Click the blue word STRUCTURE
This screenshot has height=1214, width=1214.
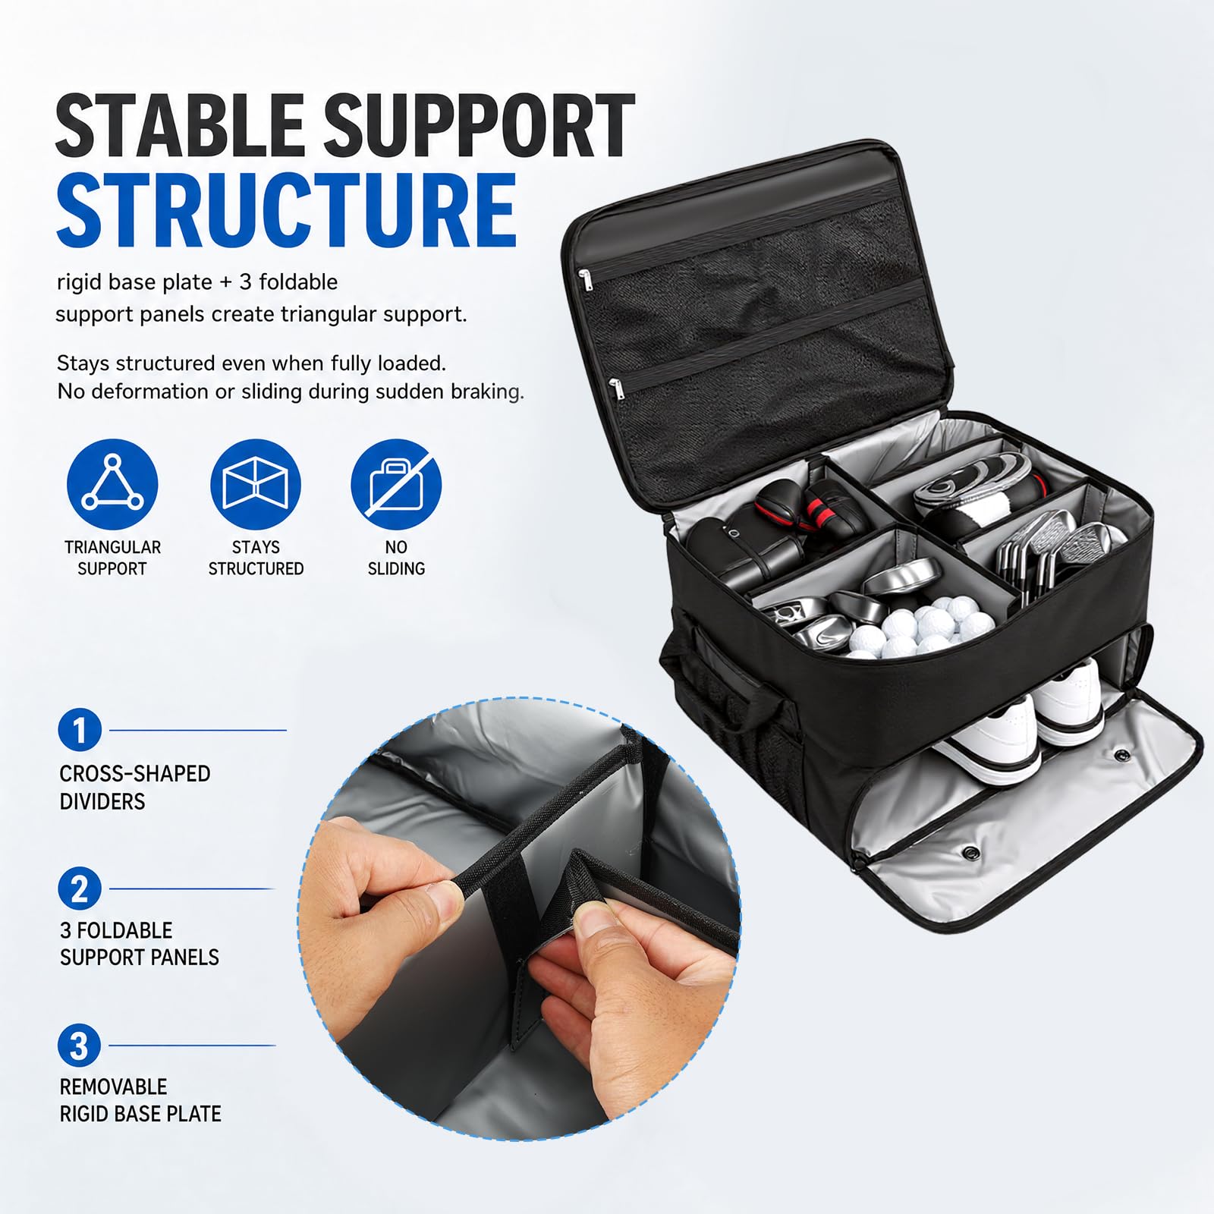click(x=286, y=210)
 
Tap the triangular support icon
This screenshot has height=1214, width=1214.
click(x=112, y=484)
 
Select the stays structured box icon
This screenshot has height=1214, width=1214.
click(x=256, y=484)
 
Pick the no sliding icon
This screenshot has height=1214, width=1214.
click(x=396, y=484)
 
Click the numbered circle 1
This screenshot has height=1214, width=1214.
click(x=80, y=730)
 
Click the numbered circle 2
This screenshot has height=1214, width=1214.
click(x=80, y=888)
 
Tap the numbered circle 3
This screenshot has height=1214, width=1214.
click(x=80, y=1046)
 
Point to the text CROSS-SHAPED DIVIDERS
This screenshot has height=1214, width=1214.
click(x=135, y=788)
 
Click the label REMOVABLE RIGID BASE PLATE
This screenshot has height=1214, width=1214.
click(x=140, y=1100)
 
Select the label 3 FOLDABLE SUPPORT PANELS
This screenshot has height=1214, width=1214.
click(x=140, y=944)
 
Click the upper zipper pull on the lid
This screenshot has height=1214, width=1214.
click(x=584, y=280)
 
